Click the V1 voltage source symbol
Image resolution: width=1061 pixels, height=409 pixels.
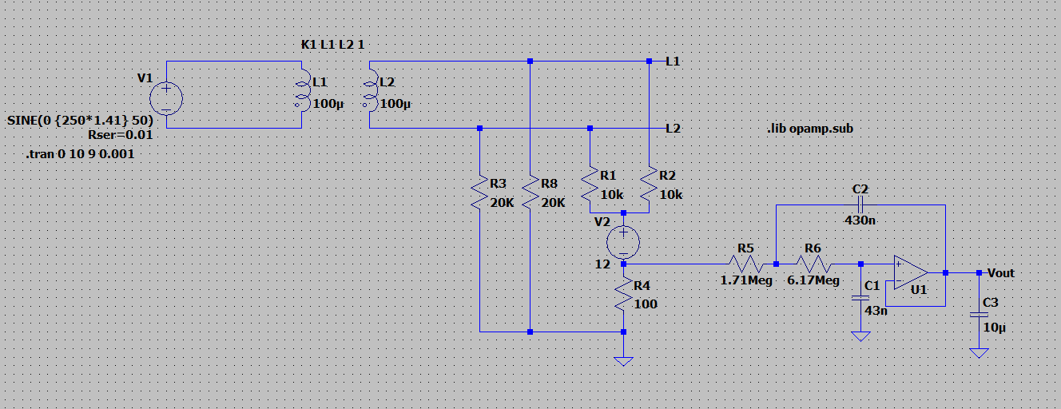click(x=166, y=98)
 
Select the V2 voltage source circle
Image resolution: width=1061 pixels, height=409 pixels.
click(x=623, y=242)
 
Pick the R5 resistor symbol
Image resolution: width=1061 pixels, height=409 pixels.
click(x=745, y=264)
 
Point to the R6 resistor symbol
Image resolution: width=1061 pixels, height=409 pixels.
click(x=813, y=264)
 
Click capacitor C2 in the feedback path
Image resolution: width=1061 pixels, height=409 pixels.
click(x=860, y=205)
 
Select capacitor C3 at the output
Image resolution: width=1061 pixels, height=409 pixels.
click(x=979, y=315)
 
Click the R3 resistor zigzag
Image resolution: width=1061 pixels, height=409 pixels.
click(x=479, y=192)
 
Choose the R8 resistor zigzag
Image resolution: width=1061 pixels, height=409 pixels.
click(x=530, y=192)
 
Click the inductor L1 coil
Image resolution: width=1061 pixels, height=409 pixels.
click(x=303, y=90)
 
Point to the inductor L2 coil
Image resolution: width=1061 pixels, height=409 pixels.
click(x=371, y=90)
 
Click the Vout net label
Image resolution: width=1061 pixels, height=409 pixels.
click(x=1001, y=273)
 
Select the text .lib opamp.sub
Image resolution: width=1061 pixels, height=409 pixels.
click(x=810, y=129)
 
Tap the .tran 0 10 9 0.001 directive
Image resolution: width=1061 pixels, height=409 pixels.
click(x=80, y=154)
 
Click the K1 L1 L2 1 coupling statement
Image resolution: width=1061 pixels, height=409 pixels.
click(x=333, y=45)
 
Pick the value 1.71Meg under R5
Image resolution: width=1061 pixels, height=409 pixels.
click(x=746, y=280)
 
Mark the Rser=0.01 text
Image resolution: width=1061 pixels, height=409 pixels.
click(x=121, y=135)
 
